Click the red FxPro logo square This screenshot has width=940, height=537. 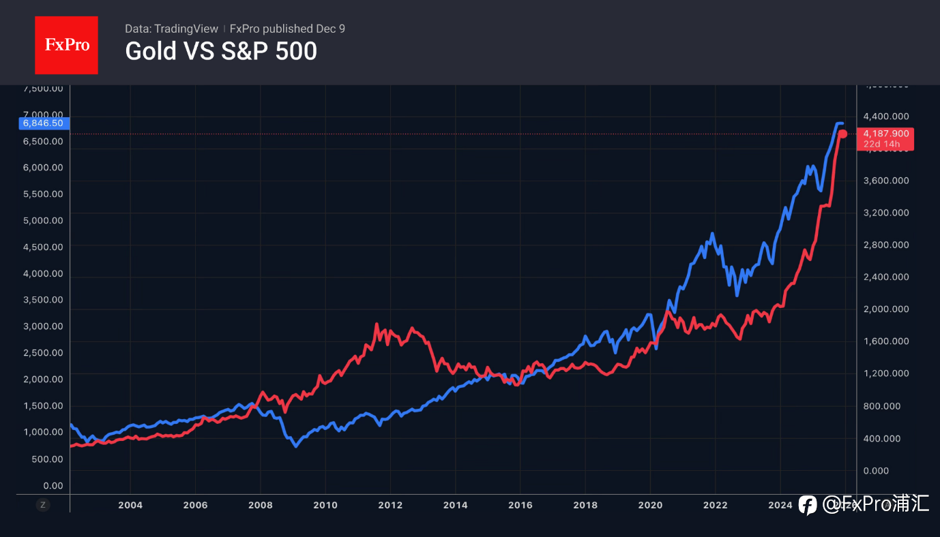tap(66, 45)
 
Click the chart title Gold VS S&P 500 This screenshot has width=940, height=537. tap(221, 52)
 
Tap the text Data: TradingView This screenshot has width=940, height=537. tap(171, 29)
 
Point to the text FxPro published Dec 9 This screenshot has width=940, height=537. tap(287, 29)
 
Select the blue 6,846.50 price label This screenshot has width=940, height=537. tap(43, 123)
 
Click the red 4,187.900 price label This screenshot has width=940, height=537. tap(885, 134)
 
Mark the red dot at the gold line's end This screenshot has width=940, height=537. tap(843, 134)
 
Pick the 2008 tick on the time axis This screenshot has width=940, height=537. tap(261, 505)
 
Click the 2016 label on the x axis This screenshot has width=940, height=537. tap(520, 505)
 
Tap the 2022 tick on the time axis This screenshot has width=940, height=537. tap(716, 505)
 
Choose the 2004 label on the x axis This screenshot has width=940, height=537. tap(130, 505)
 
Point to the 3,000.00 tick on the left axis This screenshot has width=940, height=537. tap(43, 326)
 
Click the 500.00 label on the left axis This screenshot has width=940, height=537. tap(48, 459)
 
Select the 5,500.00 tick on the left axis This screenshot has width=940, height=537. tap(43, 194)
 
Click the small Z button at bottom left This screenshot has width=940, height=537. tap(43, 505)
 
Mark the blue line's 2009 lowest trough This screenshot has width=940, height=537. tap(295, 446)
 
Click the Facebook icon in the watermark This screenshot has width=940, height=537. tap(808, 505)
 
